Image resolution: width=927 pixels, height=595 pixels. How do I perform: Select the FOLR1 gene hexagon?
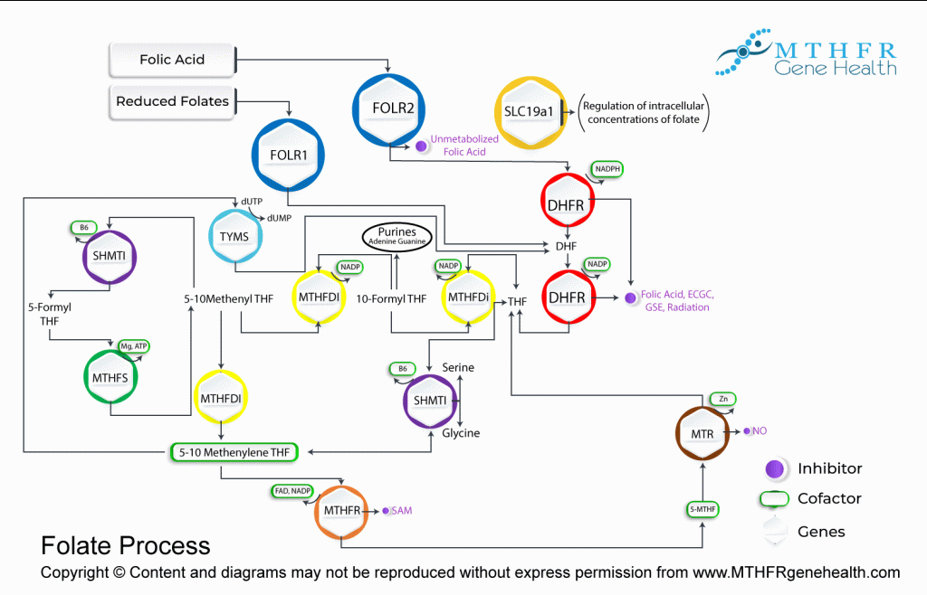[289, 154]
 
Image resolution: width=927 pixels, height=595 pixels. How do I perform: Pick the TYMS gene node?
[234, 236]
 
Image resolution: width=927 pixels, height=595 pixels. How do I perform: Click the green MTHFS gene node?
[110, 377]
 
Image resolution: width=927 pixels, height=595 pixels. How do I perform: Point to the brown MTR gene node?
[702, 434]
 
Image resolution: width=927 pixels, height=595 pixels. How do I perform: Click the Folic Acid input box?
[172, 60]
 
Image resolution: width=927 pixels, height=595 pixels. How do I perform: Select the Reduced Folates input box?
[173, 101]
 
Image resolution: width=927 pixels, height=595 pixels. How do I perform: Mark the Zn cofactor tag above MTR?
[722, 399]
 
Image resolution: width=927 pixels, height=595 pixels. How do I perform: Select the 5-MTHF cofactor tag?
[704, 509]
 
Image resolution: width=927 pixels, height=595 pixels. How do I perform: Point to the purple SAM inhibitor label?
[402, 511]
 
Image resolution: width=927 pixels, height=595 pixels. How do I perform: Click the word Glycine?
[461, 433]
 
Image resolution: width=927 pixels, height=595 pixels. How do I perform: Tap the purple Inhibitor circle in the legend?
[774, 468]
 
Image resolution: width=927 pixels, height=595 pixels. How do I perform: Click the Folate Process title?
[126, 545]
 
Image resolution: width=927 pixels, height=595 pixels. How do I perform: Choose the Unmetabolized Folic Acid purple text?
[464, 146]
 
